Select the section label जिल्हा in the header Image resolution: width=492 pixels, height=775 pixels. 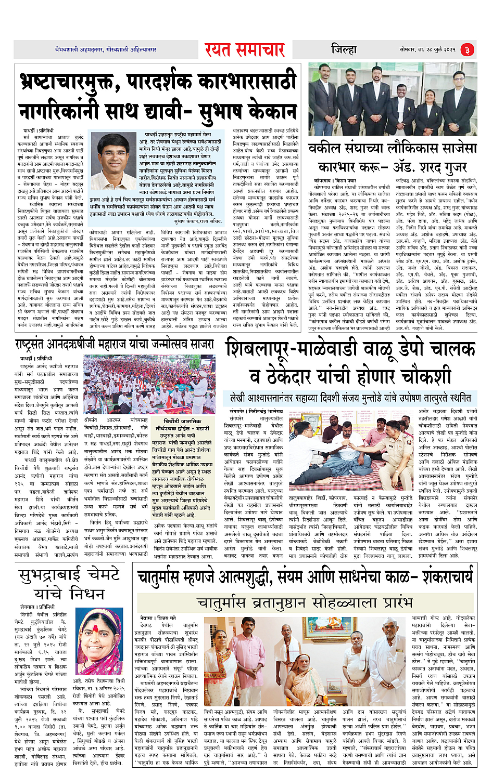[x=344, y=49]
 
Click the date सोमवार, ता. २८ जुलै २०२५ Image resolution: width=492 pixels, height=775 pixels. [x=427, y=49]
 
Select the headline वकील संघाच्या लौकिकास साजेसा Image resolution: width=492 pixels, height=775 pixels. [x=392, y=149]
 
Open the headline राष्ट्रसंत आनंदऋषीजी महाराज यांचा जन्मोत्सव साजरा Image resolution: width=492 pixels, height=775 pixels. [x=115, y=345]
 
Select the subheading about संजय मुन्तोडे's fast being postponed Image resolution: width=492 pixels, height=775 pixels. [x=350, y=398]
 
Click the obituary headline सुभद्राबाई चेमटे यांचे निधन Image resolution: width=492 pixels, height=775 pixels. [x=69, y=584]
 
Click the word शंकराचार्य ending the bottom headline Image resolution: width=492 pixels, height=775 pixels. [x=448, y=577]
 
